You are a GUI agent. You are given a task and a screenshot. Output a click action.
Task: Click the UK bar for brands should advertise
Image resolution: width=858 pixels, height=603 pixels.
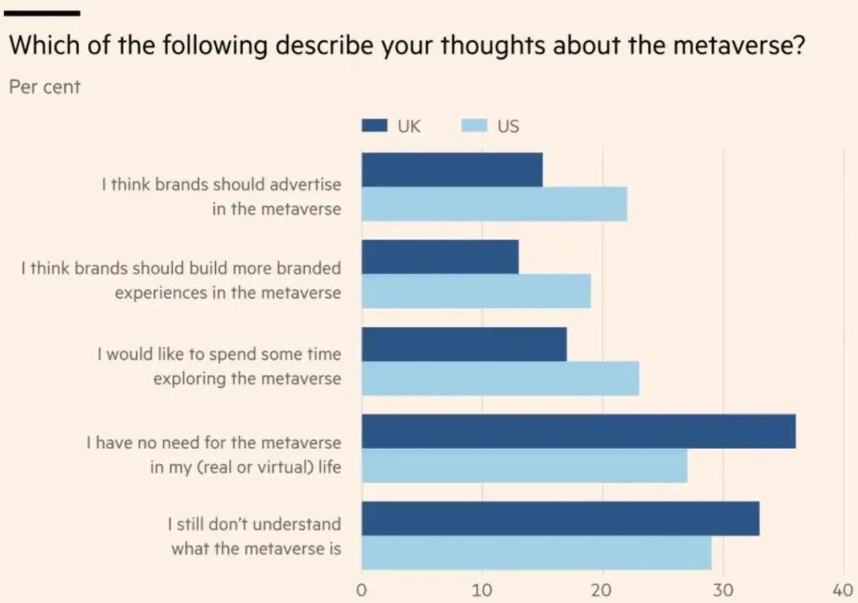pos(452,170)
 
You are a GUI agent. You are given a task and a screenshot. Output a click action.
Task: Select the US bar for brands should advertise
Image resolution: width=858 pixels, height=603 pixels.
pos(494,204)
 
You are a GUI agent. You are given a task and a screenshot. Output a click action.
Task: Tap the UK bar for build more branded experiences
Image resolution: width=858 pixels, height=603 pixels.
pos(440,257)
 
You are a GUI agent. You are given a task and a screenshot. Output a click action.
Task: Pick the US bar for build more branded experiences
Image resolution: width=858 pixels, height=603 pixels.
pos(476,292)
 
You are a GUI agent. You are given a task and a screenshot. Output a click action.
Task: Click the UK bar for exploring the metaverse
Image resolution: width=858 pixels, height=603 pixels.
pos(464,344)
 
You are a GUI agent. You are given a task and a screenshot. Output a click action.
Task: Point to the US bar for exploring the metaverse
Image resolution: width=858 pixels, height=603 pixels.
pos(500,379)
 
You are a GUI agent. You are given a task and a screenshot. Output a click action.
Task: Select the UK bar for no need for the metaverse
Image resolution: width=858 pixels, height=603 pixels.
pos(578,432)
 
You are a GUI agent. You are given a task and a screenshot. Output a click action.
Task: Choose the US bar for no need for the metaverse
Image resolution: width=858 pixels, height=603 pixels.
pos(524,466)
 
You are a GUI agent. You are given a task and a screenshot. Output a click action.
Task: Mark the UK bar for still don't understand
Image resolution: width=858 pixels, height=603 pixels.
pos(560,519)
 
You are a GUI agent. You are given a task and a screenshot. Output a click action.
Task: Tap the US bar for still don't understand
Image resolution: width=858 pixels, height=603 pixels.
pos(536,553)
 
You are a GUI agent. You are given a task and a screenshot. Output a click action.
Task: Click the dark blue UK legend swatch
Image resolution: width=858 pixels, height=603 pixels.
pos(375,127)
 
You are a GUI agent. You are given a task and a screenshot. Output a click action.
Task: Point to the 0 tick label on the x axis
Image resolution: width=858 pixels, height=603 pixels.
pos(361,590)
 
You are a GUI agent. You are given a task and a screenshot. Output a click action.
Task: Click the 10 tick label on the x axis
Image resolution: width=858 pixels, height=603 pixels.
pos(482,590)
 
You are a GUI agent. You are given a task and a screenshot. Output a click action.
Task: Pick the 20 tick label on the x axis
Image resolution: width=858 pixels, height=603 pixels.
pos(603,590)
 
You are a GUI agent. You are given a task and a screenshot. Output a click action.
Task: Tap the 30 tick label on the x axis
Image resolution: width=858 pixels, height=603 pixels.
pos(723,590)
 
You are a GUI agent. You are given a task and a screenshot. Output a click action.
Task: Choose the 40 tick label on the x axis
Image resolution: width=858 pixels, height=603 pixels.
pos(843,590)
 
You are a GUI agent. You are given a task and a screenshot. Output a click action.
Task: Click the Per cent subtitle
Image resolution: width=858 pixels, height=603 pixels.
pos(44,86)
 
